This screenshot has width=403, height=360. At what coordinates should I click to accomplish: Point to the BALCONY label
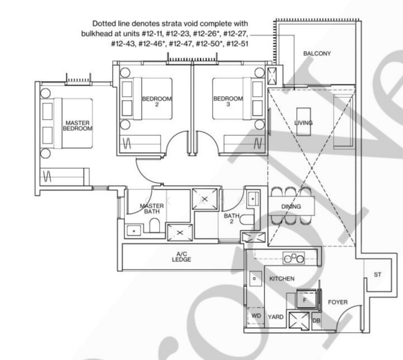pos(317,54)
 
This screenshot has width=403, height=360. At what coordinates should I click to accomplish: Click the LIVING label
pos(303,123)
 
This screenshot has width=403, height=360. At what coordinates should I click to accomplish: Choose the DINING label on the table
pos(291,207)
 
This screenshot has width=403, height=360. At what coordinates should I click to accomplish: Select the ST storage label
pos(377,275)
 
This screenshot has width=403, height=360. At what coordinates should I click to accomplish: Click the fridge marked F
pos(305,298)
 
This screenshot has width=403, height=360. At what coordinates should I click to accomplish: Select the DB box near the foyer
pos(317,322)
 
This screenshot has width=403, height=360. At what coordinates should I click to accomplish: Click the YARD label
pos(276,316)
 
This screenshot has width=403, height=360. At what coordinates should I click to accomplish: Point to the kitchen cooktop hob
pos(295,258)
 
